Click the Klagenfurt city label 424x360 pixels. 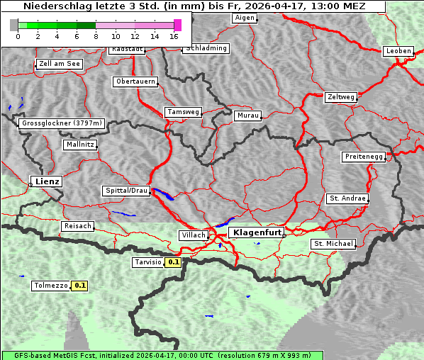[257, 232]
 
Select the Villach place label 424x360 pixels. [194, 235]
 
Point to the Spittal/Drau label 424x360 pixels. [126, 191]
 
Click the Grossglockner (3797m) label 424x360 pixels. [62, 123]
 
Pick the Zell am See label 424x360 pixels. [60, 64]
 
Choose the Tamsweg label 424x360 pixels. [184, 112]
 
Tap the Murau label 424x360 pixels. [248, 115]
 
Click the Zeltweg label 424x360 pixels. [340, 96]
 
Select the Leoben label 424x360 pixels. [398, 51]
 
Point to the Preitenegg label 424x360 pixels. [364, 157]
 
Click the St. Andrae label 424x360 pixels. [347, 198]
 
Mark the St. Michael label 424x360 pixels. [333, 244]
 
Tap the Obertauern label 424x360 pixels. [135, 81]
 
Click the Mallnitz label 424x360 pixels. [79, 144]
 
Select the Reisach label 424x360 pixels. [77, 226]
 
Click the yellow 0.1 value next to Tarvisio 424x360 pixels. [174, 262]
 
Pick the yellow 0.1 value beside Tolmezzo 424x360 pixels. [79, 286]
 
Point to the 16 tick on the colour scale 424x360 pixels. [174, 35]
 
